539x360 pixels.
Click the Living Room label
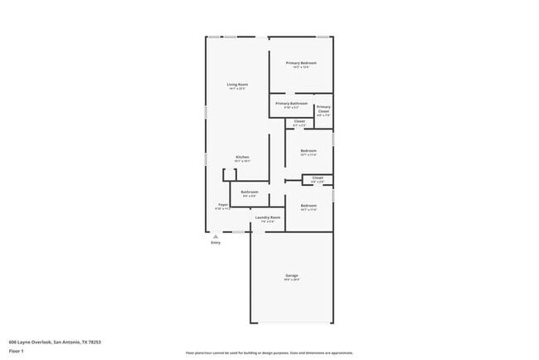238,85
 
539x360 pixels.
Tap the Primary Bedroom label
301,64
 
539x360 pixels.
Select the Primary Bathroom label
291,104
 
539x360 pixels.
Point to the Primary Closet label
323,109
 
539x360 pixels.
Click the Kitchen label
242,157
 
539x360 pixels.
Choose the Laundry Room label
267,217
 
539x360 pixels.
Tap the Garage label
292,275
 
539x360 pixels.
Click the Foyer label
223,204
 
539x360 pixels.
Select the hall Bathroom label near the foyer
250,192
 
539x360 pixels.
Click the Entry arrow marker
216,236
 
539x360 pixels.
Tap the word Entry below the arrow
216,242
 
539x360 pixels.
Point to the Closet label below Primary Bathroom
299,121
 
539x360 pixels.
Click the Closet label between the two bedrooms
317,178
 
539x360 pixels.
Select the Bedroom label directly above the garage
308,205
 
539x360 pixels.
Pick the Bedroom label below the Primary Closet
308,150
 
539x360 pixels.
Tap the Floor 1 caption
17,351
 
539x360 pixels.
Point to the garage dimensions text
292,280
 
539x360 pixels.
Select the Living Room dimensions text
238,90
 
